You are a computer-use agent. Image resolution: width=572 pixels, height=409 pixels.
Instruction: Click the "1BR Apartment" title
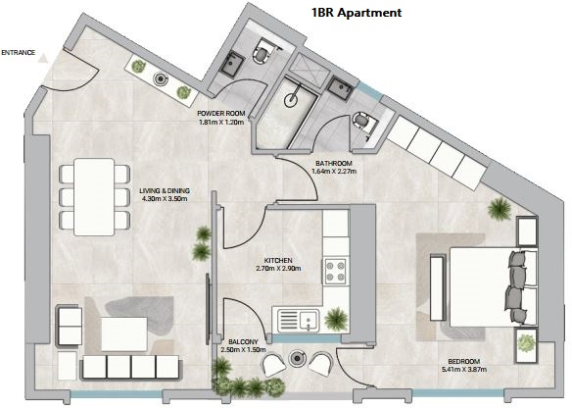click(357, 13)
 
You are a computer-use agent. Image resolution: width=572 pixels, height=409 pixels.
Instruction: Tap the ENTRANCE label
click(19, 53)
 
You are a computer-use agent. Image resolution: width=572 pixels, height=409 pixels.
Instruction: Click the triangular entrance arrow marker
click(43, 59)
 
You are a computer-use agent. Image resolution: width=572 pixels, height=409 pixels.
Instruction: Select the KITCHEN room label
click(278, 260)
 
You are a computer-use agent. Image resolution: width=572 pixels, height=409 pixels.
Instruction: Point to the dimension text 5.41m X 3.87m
click(464, 369)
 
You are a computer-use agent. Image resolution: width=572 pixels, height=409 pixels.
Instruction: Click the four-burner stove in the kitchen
click(335, 272)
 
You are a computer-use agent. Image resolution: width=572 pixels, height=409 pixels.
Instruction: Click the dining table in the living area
click(94, 197)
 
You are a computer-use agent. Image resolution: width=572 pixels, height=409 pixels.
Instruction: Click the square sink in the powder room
click(232, 65)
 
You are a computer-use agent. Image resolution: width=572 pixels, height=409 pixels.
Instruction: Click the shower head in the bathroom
click(292, 99)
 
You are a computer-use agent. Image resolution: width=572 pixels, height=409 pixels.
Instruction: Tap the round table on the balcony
click(298, 358)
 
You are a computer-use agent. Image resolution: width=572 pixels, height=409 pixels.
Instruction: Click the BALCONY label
click(243, 341)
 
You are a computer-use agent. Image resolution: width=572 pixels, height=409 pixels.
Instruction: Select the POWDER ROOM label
click(221, 114)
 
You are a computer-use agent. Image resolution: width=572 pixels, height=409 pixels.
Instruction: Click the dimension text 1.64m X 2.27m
click(334, 171)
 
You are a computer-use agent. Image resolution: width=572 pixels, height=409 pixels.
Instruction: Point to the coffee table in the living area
click(124, 334)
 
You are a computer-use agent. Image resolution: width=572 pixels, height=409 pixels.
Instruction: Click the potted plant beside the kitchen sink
click(336, 319)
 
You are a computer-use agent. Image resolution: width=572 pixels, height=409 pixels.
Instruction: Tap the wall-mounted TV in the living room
click(208, 309)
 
